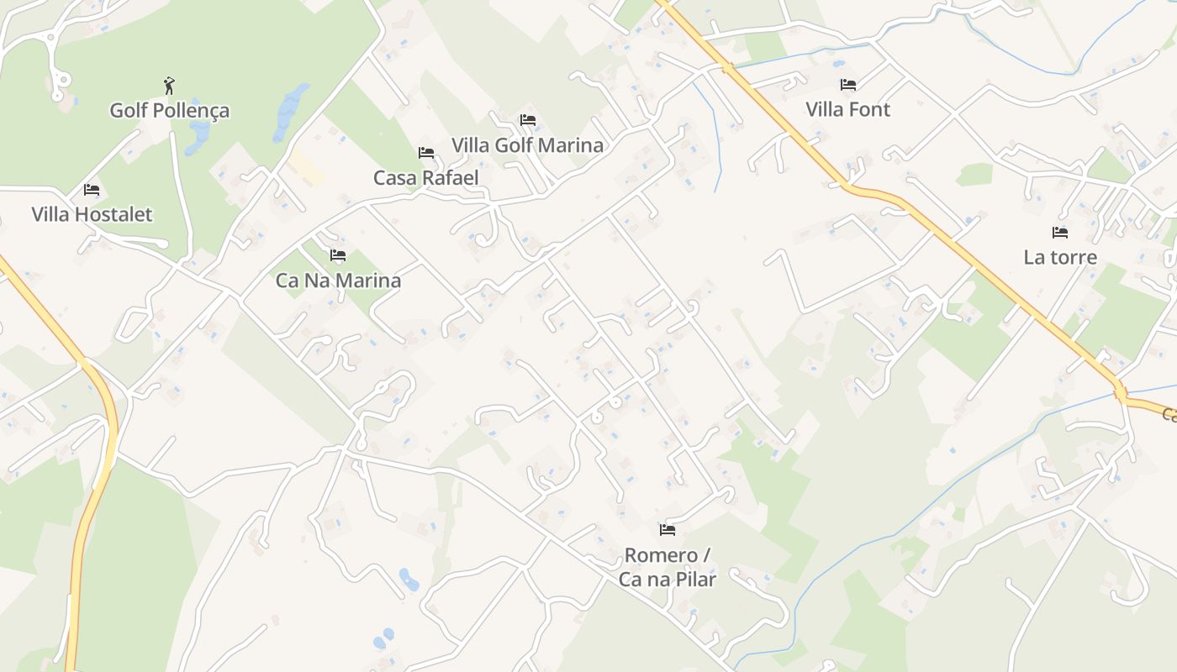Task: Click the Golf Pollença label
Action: pyautogui.click(x=170, y=110)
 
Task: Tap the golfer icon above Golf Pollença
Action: pyautogui.click(x=170, y=85)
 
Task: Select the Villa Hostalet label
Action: pyautogui.click(x=92, y=214)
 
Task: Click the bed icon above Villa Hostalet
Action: pyautogui.click(x=92, y=190)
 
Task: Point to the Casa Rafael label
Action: pyautogui.click(x=426, y=177)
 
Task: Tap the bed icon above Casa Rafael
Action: pyautogui.click(x=426, y=153)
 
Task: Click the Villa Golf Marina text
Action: pyautogui.click(x=527, y=144)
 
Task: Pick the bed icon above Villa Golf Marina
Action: pyautogui.click(x=528, y=120)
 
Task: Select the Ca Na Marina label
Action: pyautogui.click(x=338, y=281)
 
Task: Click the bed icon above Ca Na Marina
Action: pyautogui.click(x=338, y=255)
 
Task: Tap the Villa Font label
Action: pyautogui.click(x=847, y=109)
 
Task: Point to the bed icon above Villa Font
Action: pyautogui.click(x=848, y=85)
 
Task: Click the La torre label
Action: pyautogui.click(x=1060, y=257)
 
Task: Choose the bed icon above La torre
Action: pyautogui.click(x=1060, y=233)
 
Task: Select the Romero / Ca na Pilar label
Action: pyautogui.click(x=668, y=567)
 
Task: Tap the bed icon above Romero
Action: pyautogui.click(x=668, y=530)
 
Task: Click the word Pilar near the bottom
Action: pyautogui.click(x=692, y=579)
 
